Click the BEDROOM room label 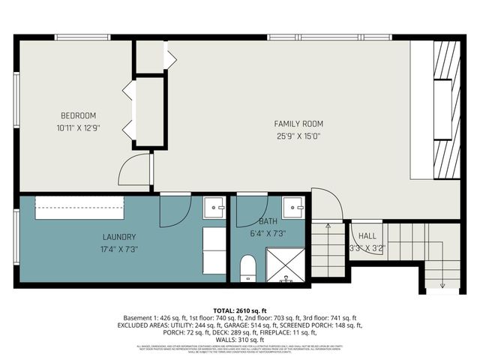[x=79, y=115]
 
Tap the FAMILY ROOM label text [x=298, y=123]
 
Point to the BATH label [x=268, y=221]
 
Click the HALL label [x=367, y=235]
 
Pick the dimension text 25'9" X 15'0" [x=298, y=136]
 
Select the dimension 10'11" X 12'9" [x=79, y=127]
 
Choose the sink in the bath [x=293, y=205]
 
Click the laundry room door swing [x=175, y=210]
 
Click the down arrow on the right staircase [x=442, y=283]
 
